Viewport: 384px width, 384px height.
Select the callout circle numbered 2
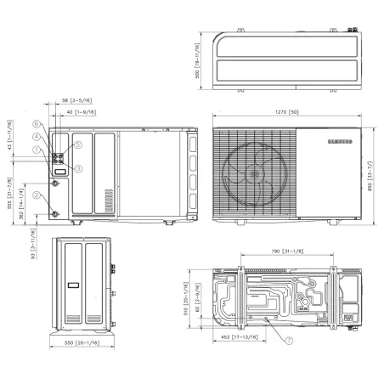[37, 195]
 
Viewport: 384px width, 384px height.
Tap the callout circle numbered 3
[77, 168]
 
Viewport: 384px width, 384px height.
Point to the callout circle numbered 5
[77, 144]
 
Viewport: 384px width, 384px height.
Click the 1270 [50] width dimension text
[285, 111]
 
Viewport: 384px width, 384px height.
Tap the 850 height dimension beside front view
[370, 176]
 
